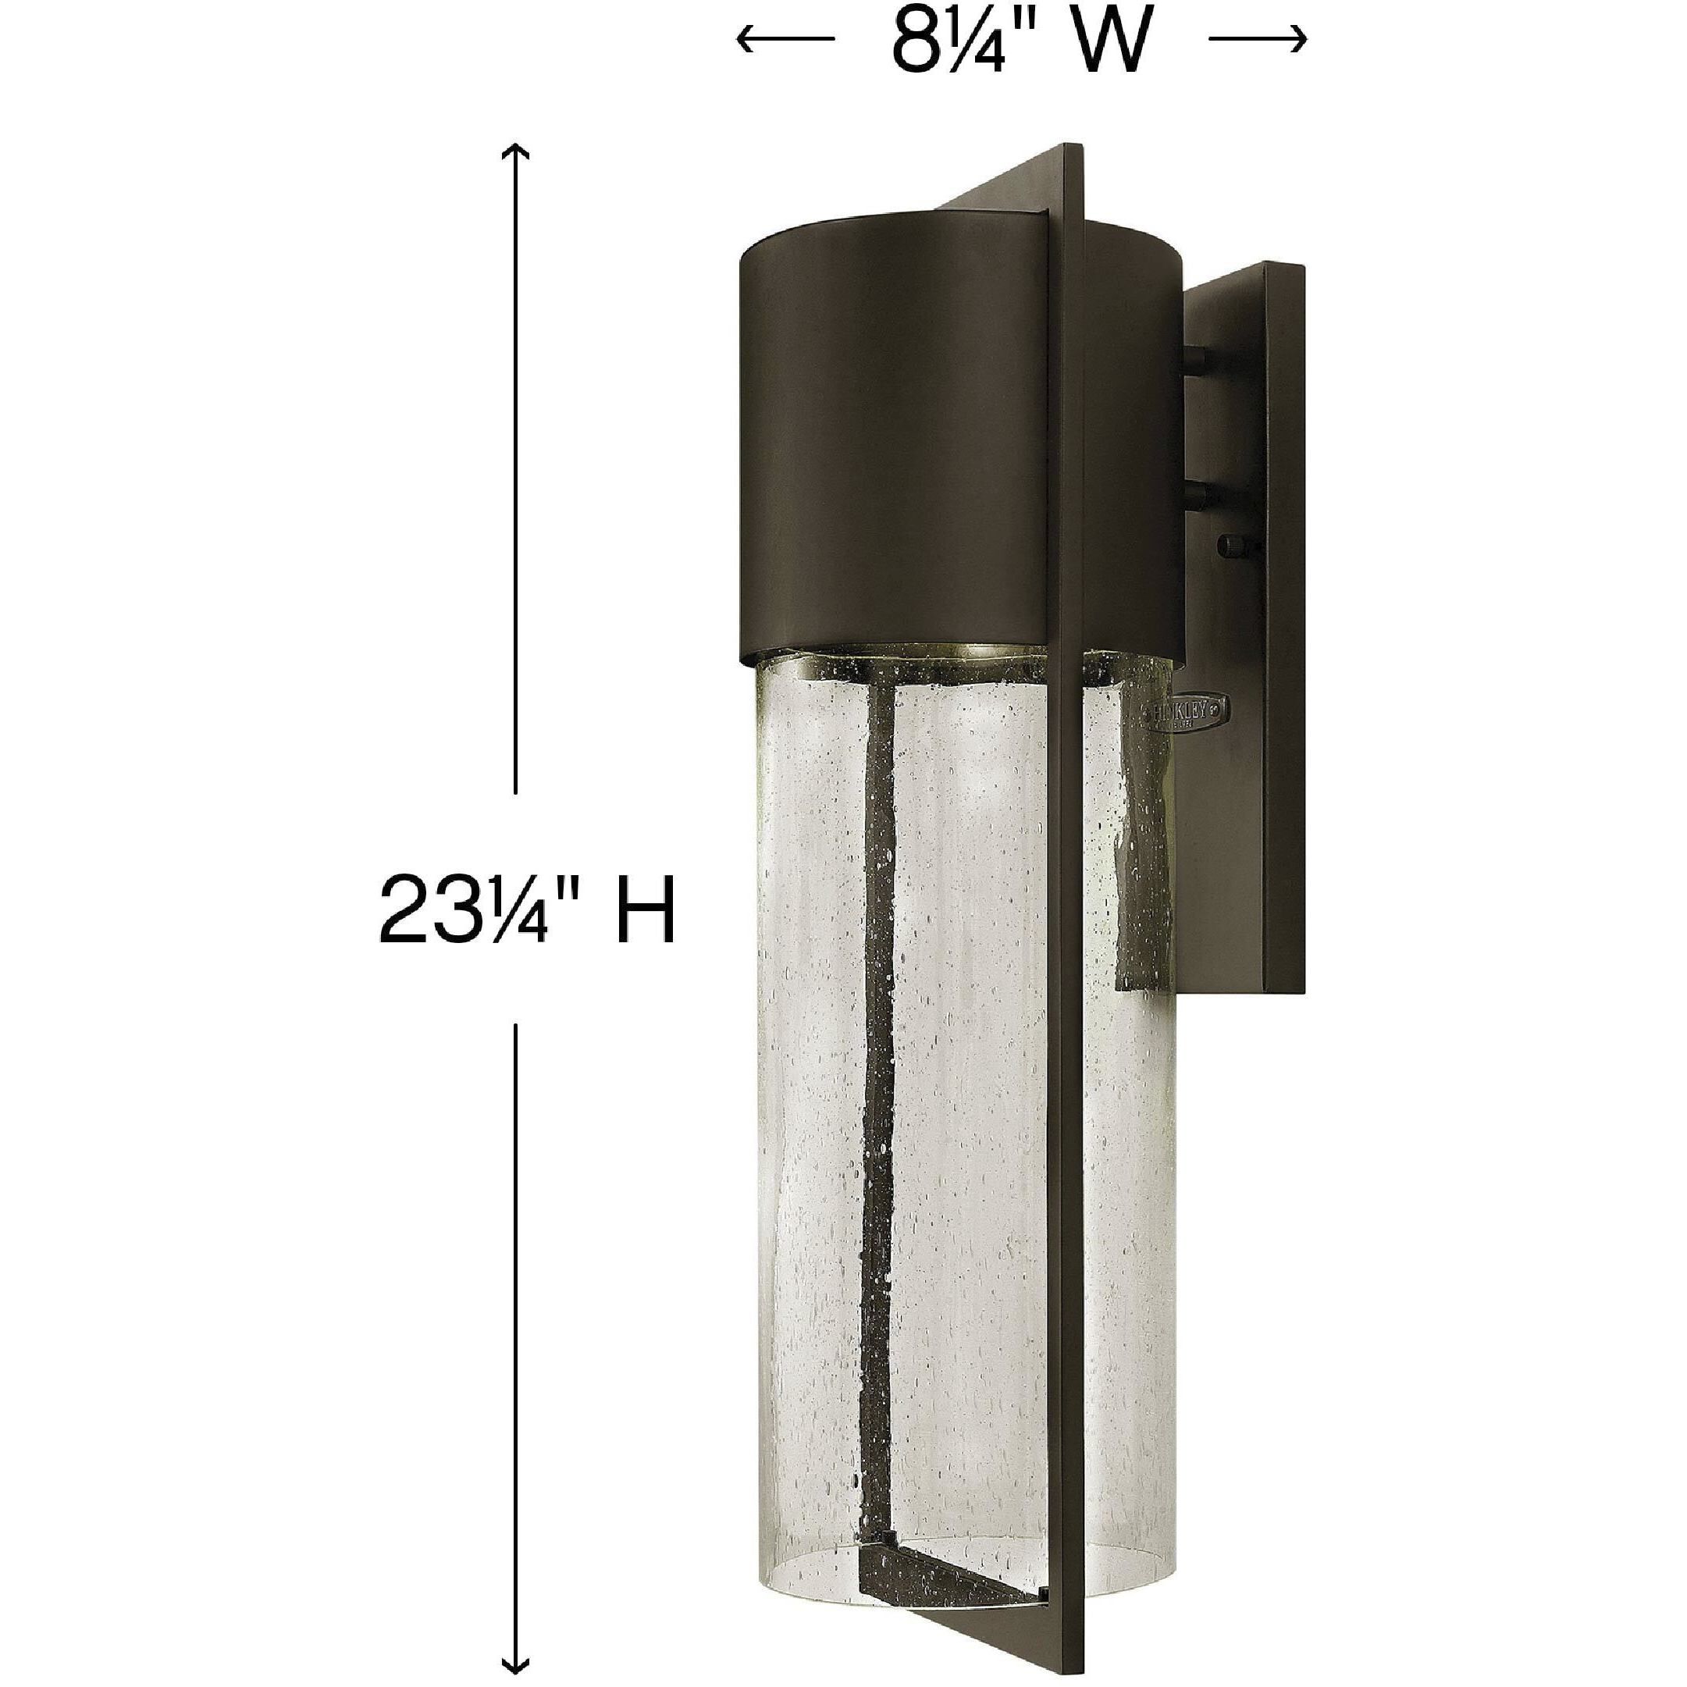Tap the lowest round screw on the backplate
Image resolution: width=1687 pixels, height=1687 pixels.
click(1231, 546)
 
